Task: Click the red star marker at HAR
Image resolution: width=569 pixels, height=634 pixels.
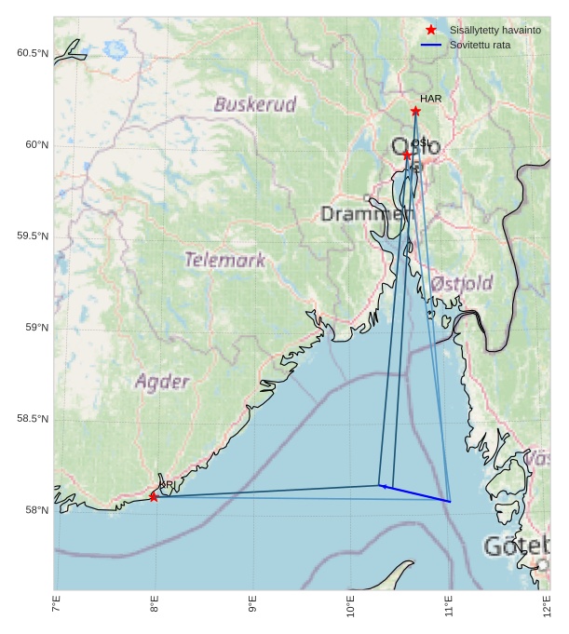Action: [x=415, y=112]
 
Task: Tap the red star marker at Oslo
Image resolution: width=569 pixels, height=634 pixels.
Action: [x=407, y=155]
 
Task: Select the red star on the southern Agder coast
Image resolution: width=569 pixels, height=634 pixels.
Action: [x=154, y=497]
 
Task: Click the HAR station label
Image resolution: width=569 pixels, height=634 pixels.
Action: [x=430, y=99]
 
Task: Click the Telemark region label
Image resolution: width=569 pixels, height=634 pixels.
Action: [x=224, y=261]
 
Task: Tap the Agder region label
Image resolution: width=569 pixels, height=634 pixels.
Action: [x=162, y=382]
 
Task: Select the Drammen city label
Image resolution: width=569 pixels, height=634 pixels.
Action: [x=366, y=214]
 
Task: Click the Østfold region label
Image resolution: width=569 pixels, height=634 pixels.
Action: [x=462, y=283]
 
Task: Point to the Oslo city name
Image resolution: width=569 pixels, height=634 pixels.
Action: [x=415, y=148]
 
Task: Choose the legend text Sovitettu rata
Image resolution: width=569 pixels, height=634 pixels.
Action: [x=480, y=45]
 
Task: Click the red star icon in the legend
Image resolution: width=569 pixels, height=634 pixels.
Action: [x=431, y=31]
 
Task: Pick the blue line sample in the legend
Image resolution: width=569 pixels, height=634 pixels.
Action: [x=431, y=45]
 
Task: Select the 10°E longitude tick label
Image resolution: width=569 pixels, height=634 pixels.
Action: [x=350, y=605]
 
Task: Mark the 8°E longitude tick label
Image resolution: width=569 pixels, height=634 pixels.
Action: [x=154, y=605]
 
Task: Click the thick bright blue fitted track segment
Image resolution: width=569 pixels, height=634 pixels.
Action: [x=415, y=493]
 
